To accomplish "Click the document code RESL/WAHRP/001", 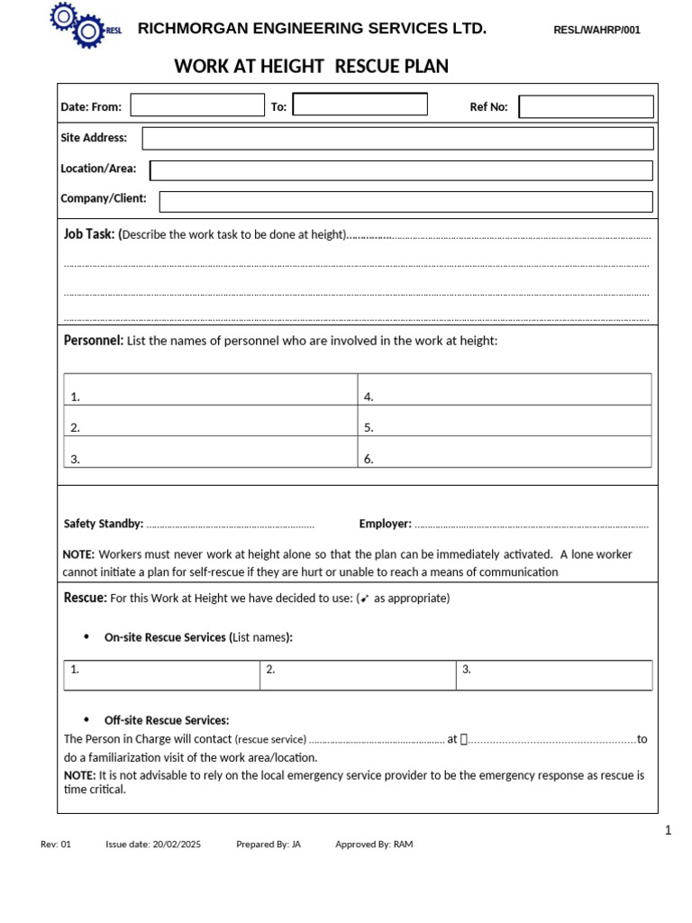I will pos(596,30).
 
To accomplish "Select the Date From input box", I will pos(197,105).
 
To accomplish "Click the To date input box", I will pos(360,105).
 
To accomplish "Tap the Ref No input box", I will pos(586,106).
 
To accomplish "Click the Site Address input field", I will pos(397,138).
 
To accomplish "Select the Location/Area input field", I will pos(401,170).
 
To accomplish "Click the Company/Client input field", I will pos(405,201).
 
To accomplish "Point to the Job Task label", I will pos(89,234).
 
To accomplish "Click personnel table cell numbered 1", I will pos(211,395).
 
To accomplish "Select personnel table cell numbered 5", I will pos(505,426).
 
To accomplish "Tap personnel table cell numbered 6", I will pos(505,457).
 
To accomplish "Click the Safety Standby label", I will pos(104,524).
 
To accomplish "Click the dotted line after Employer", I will pos(531,525).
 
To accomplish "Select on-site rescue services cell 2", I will pos(358,674).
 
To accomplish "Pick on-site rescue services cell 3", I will pos(554,674).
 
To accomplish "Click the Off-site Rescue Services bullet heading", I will pos(167,720).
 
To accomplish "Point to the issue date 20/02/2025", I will pos(177,845).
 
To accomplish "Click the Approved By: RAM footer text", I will pos(374,845).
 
